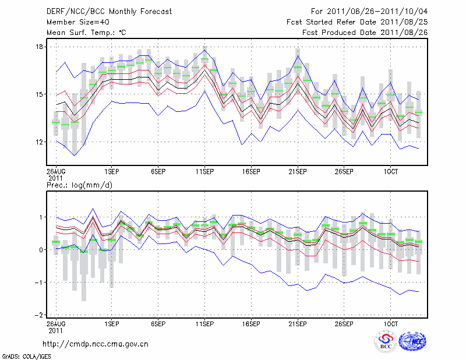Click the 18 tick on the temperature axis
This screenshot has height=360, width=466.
(x=39, y=47)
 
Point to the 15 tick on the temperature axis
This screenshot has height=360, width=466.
(x=39, y=94)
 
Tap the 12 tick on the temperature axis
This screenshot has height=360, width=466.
(x=39, y=142)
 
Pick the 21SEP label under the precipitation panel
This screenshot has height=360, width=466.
(x=298, y=323)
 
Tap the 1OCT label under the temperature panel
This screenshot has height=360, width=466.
(x=391, y=172)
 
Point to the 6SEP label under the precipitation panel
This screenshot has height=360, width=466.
(x=158, y=323)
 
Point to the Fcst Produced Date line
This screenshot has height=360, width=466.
(x=365, y=33)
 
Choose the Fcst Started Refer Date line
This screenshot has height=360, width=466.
(x=357, y=22)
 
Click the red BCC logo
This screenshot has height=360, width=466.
(x=385, y=342)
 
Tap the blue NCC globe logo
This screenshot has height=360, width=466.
(x=412, y=342)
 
